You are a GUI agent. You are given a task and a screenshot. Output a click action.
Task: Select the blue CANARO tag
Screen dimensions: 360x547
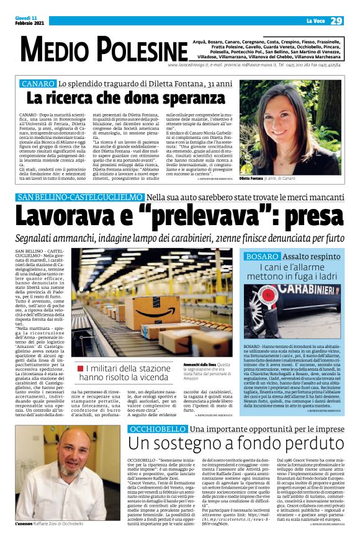(x=38, y=83)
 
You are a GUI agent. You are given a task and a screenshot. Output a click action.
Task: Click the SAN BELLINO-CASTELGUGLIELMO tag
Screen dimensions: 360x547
(x=79, y=197)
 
